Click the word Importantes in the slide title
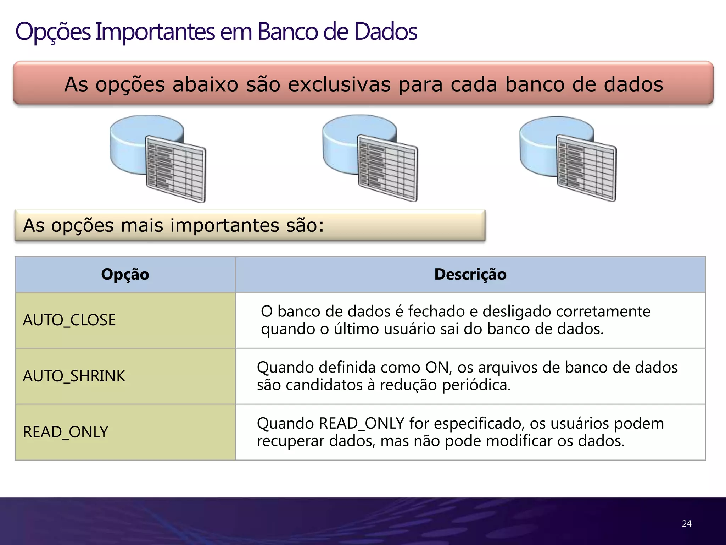[x=155, y=32]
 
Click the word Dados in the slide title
[x=385, y=32]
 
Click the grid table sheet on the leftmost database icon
[x=176, y=170]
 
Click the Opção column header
[x=125, y=274]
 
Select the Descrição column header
[x=470, y=274]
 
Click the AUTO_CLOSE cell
[x=69, y=320]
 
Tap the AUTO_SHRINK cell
[x=74, y=376]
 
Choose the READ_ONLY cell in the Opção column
[x=65, y=432]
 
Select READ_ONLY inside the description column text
[x=362, y=424]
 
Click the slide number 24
[x=686, y=524]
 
